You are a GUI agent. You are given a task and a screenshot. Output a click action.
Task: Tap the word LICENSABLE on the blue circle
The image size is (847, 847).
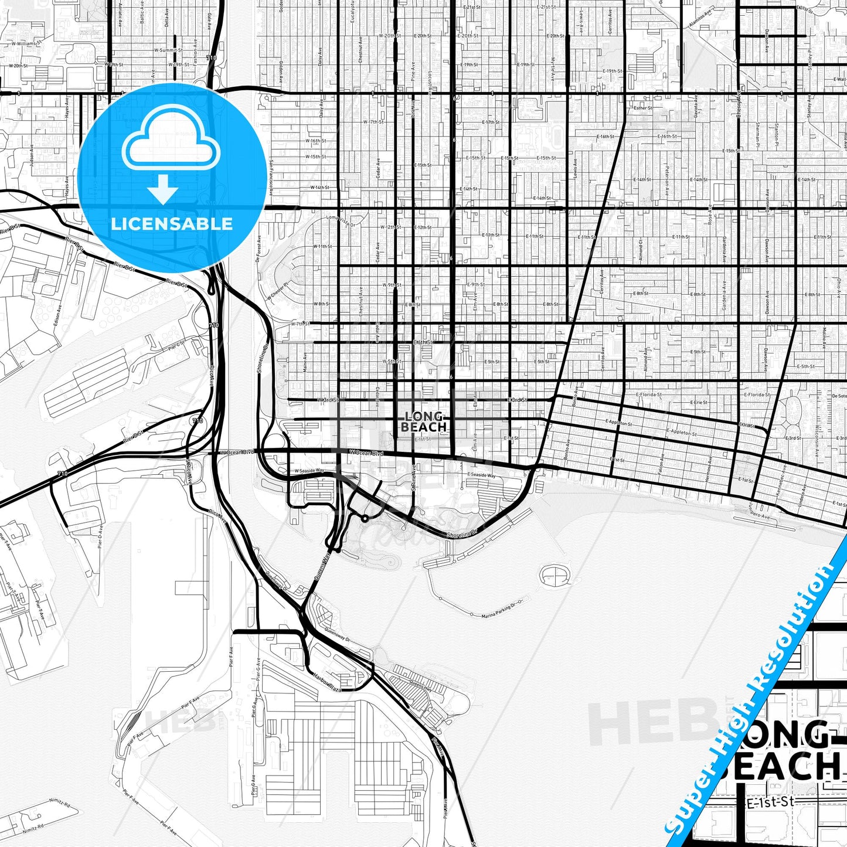click(172, 224)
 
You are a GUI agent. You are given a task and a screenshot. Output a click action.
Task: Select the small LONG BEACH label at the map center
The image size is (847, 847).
click(424, 422)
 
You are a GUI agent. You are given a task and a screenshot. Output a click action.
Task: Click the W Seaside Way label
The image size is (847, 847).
click(309, 471)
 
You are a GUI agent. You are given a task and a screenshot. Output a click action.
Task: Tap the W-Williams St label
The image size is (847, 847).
click(23, 43)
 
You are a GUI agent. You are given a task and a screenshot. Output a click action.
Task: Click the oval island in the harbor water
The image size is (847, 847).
click(555, 576)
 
